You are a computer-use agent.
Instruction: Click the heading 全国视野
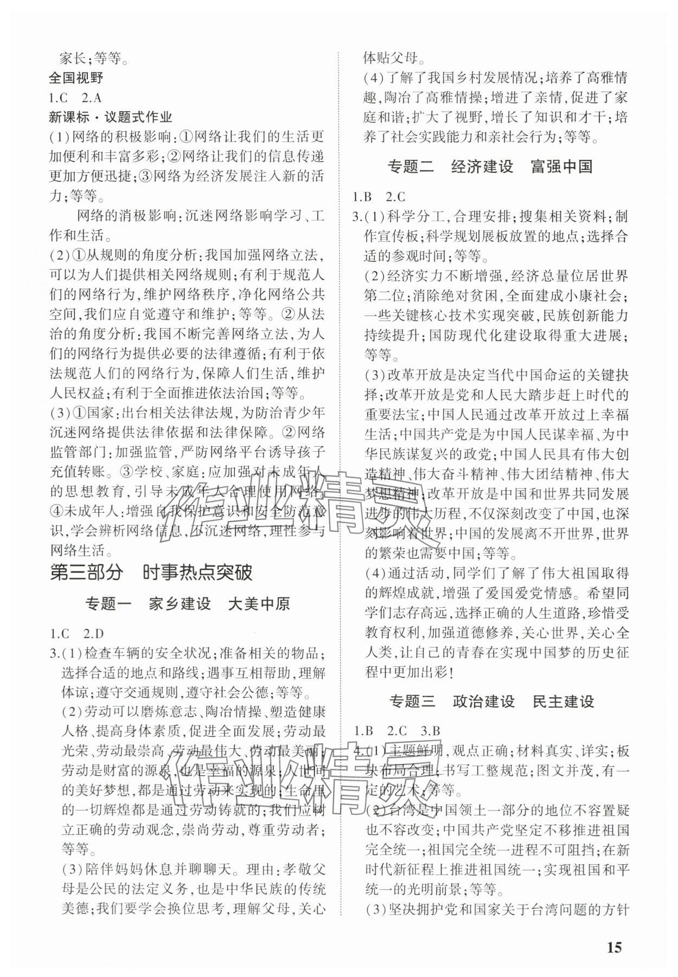[x=76, y=78]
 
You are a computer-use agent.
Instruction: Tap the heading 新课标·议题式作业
[x=111, y=117]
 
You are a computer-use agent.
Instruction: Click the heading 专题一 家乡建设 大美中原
[x=188, y=603]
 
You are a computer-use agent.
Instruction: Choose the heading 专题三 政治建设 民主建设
[x=492, y=701]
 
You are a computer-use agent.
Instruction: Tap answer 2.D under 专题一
[x=93, y=633]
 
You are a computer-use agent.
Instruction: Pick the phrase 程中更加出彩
[x=410, y=672]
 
